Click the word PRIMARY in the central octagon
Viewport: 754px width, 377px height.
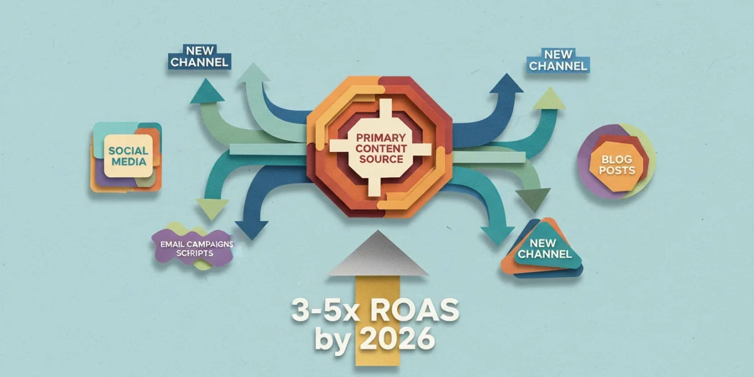pos(381,138)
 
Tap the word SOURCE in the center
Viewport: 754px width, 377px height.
pos(381,159)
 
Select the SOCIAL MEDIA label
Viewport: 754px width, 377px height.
pos(128,156)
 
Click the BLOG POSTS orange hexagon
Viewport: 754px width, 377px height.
pos(616,165)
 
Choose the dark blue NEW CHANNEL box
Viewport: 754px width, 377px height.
pos(199,57)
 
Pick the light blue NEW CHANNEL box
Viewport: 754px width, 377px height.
pos(558,60)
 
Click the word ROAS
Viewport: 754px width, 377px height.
pos(415,310)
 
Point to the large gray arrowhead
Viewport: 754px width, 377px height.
pos(378,253)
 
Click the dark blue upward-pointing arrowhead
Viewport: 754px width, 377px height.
pos(506,84)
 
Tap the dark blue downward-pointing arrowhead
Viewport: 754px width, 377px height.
pos(252,230)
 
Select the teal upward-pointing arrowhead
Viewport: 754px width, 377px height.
pos(207,92)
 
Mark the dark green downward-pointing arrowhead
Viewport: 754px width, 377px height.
pos(533,200)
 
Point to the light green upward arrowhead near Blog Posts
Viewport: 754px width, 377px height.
pos(550,99)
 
